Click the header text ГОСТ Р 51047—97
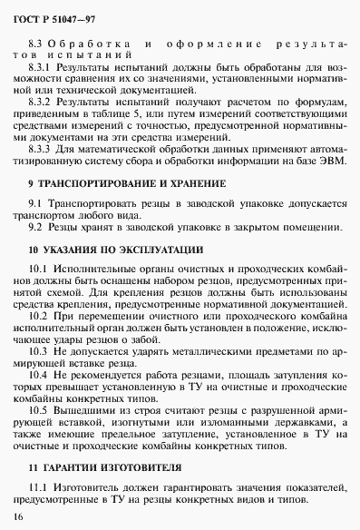tap(51, 19)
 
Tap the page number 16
tap(19, 516)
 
